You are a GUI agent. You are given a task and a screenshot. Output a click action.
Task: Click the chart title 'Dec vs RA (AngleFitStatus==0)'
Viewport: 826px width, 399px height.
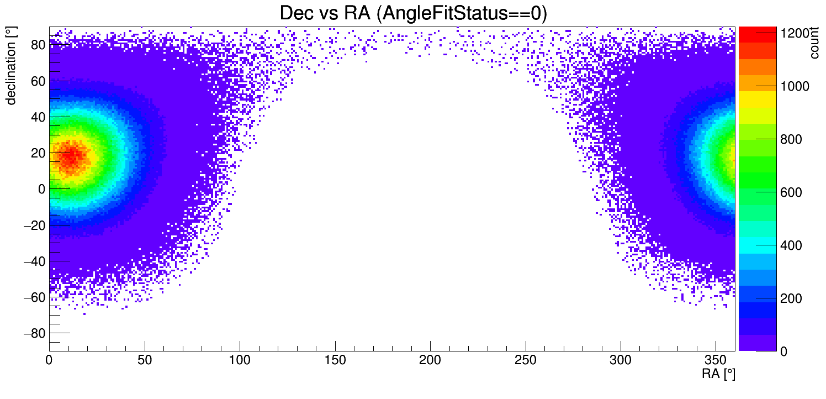413,13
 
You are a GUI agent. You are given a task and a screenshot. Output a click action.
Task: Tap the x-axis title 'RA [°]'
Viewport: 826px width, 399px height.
718,374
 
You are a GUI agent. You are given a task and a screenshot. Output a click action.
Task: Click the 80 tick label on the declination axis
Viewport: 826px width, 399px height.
38,45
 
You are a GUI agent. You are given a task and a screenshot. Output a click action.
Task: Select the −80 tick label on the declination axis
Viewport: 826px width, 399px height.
34,334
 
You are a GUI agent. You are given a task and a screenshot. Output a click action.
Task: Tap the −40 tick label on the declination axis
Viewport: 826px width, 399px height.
34,261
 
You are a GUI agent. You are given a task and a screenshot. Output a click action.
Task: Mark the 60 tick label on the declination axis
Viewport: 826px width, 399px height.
38,81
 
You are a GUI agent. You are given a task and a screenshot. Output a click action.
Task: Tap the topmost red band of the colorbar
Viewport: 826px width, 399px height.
757,34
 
